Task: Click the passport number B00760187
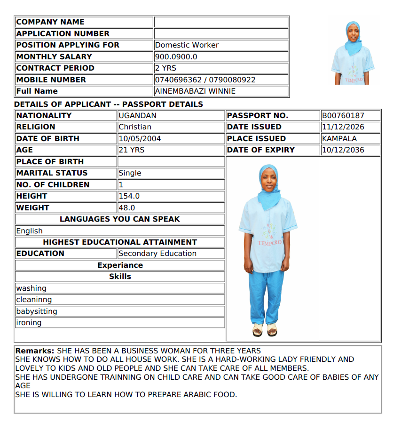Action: (343, 116)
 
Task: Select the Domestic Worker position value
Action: (187, 45)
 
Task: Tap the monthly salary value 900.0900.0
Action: (176, 57)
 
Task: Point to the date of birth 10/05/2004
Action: (140, 139)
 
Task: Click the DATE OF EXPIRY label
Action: (260, 150)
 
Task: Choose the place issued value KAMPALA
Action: (339, 139)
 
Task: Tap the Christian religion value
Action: (135, 127)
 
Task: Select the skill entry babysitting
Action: (37, 311)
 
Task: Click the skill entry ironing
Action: (29, 323)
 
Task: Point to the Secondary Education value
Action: (157, 254)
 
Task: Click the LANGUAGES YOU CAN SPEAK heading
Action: (120, 219)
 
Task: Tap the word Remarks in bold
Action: (35, 351)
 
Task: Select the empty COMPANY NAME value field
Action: (221, 22)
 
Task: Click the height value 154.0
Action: (129, 196)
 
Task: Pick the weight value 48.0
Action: (126, 208)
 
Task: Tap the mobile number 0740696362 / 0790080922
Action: (205, 80)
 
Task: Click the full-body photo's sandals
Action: (265, 329)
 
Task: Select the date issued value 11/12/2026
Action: (343, 127)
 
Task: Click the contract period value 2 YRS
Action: (165, 68)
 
